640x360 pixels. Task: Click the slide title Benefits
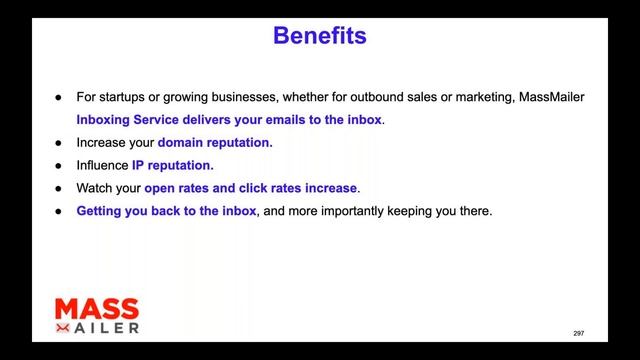coord(319,37)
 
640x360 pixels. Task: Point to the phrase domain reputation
coord(214,143)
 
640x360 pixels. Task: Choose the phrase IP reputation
coord(171,165)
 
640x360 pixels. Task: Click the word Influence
coord(102,165)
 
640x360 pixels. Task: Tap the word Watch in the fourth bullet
coord(95,188)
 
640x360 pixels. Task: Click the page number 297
coord(578,332)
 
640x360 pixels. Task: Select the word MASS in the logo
coord(96,309)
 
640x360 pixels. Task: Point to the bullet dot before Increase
coord(58,143)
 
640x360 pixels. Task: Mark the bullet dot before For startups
coord(58,97)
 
